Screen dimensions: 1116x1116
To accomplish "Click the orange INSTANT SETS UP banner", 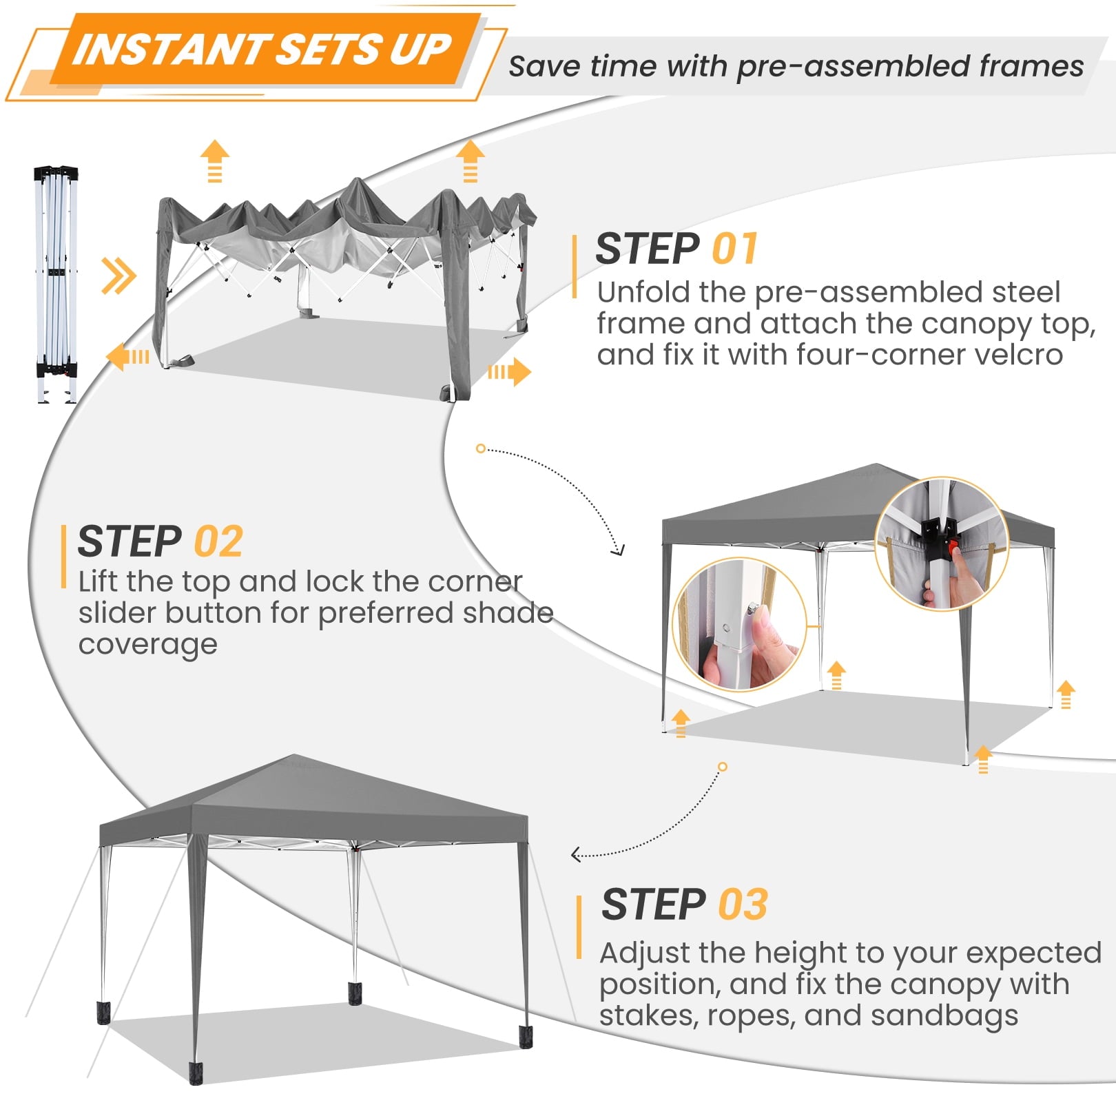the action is pyautogui.click(x=265, y=50).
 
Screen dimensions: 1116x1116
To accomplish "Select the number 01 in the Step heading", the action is pyautogui.click(x=735, y=249).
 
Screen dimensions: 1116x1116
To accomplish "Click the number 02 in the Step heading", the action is pyautogui.click(x=218, y=541).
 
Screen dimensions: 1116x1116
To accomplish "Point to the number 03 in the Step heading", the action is pyautogui.click(x=743, y=904).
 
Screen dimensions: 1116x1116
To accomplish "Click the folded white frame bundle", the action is pyautogui.click(x=56, y=283).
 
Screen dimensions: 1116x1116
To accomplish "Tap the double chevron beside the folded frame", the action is pyautogui.click(x=118, y=276).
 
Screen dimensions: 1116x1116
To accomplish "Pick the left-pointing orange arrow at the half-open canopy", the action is pyautogui.click(x=128, y=357).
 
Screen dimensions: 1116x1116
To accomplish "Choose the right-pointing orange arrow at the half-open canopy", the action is pyautogui.click(x=509, y=372).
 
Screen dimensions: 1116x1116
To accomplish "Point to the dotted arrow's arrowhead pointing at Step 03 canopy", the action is pyautogui.click(x=577, y=855).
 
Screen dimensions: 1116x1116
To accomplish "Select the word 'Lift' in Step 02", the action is pyautogui.click(x=98, y=582).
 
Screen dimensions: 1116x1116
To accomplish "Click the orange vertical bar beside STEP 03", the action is pyautogui.click(x=579, y=927).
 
